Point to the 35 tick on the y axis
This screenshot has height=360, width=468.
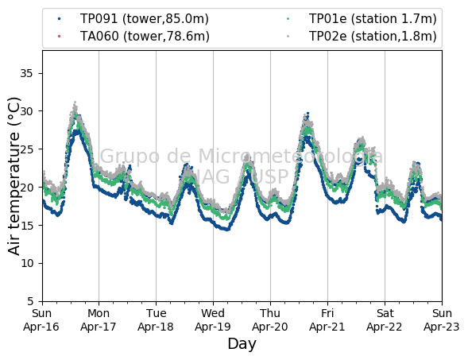(26, 73)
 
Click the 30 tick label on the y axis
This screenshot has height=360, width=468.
(26, 111)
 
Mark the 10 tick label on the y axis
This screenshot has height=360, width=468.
(26, 264)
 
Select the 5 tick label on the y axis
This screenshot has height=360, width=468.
(30, 301)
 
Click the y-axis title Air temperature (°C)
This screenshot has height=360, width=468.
(14, 176)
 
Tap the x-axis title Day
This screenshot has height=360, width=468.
(242, 344)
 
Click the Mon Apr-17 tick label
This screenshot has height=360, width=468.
(99, 320)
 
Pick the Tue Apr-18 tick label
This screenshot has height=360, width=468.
(156, 320)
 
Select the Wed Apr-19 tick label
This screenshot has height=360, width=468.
(213, 320)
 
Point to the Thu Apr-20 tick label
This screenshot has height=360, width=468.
(270, 320)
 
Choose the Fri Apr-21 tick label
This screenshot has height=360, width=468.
(327, 320)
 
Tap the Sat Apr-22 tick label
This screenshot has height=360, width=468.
(385, 320)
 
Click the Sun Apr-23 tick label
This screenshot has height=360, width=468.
(442, 320)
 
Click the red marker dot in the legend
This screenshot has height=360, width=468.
(59, 36)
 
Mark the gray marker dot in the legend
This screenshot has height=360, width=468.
(288, 36)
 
